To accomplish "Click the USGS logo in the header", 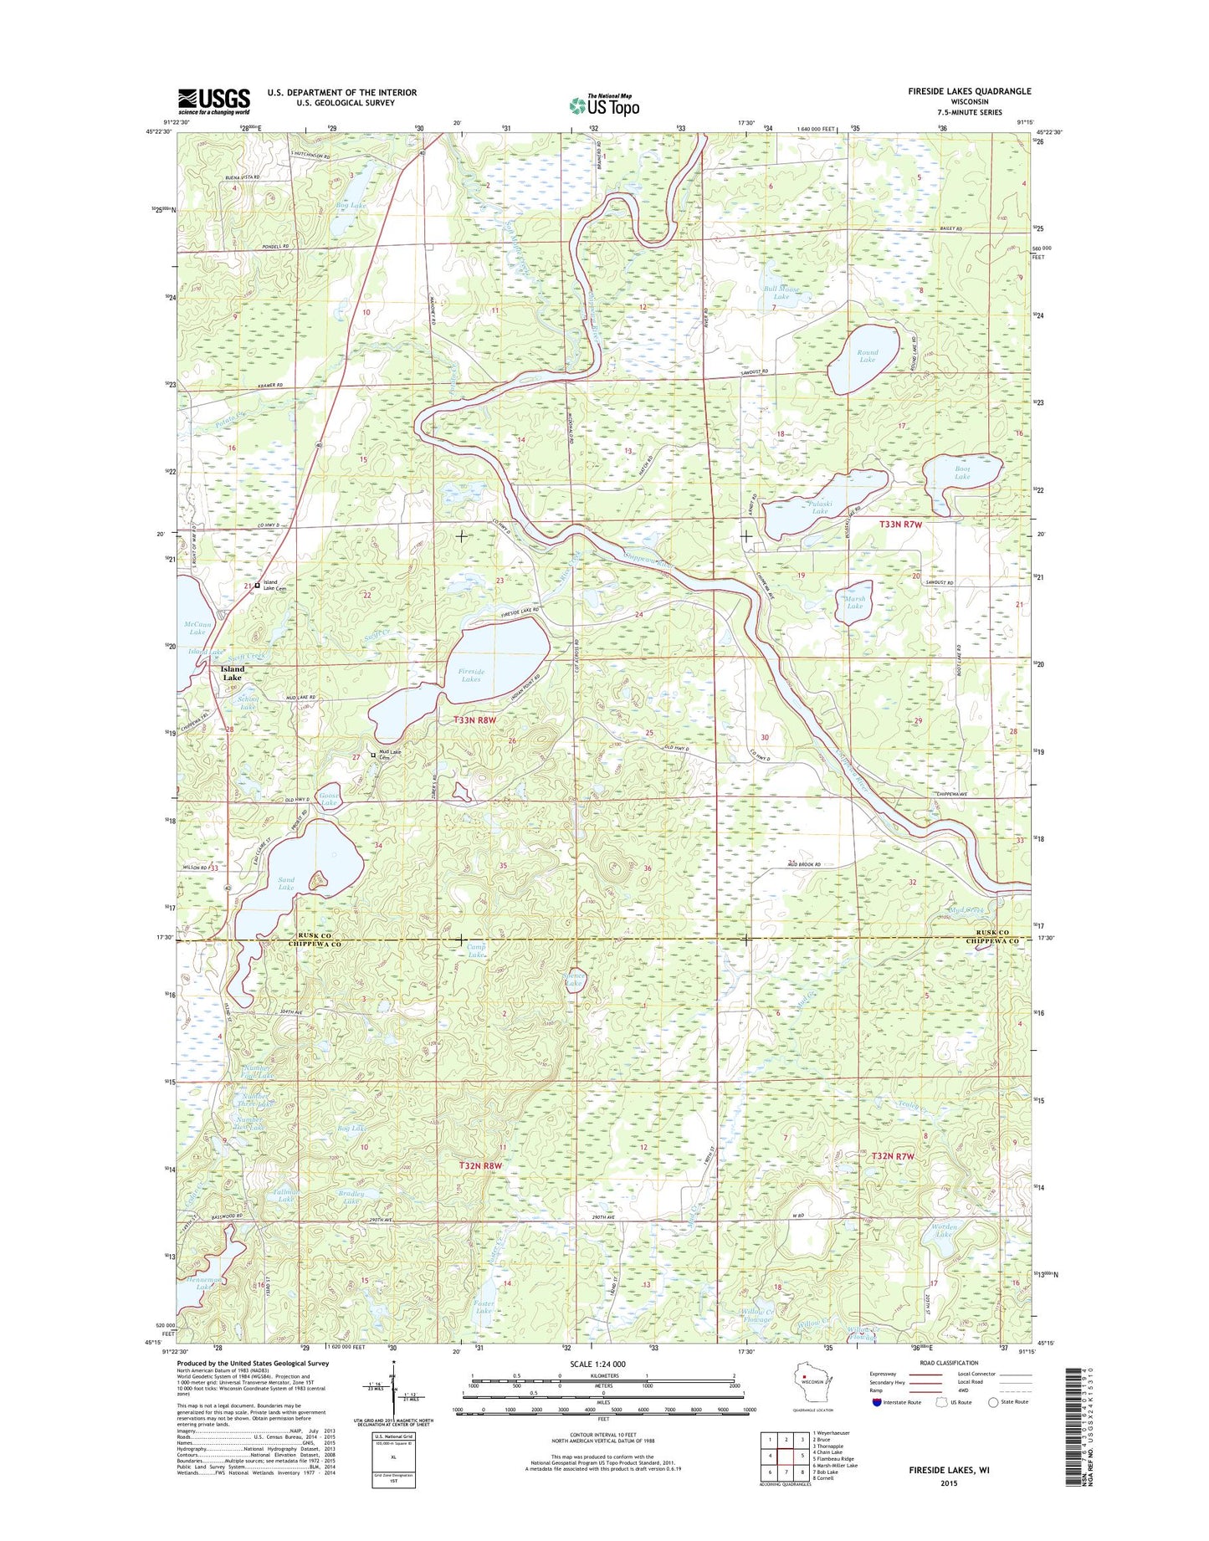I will tap(213, 101).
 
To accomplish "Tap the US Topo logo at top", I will tap(604, 105).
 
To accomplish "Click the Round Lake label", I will tap(867, 356).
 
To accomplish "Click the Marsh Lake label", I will tap(854, 602).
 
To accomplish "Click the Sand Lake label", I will tap(286, 883).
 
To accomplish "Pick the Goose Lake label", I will tap(329, 799).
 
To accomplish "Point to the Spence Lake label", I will tap(573, 980).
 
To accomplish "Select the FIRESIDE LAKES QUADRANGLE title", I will tap(969, 91).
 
